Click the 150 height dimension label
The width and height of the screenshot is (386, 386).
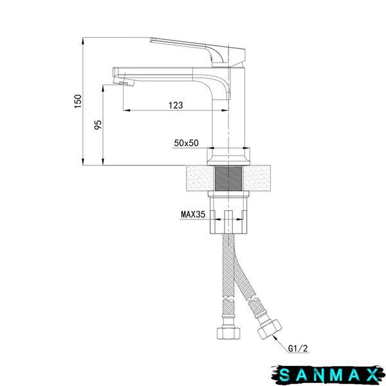coord(78,101)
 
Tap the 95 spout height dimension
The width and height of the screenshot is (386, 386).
coord(98,125)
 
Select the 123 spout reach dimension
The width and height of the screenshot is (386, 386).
coord(176,105)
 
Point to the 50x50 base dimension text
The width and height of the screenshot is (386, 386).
coord(186,143)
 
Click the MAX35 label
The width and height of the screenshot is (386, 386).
coord(193,214)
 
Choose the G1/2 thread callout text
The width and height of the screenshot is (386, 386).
coord(298,348)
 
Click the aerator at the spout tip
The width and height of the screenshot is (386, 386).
coord(122,82)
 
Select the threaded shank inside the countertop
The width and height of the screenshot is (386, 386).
coord(228,178)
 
